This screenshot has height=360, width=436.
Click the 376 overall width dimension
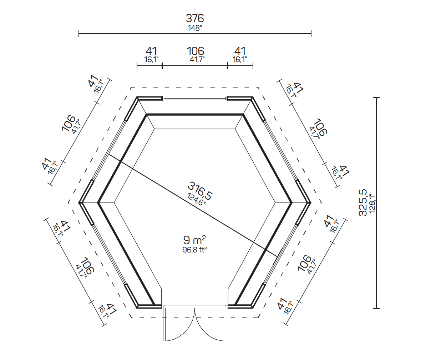(195, 18)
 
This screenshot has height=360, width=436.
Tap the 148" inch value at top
(195, 28)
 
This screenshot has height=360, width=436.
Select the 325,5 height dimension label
(363, 202)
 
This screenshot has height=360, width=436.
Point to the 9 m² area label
(194, 240)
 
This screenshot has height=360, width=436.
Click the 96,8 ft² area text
(195, 250)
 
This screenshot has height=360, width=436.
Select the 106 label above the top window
(195, 51)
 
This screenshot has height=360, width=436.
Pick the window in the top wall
(195, 98)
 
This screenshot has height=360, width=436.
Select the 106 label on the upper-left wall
(69, 123)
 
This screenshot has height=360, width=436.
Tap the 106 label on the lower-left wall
(87, 265)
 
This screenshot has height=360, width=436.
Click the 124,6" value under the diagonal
(197, 199)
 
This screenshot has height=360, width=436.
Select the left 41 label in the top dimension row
(151, 51)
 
